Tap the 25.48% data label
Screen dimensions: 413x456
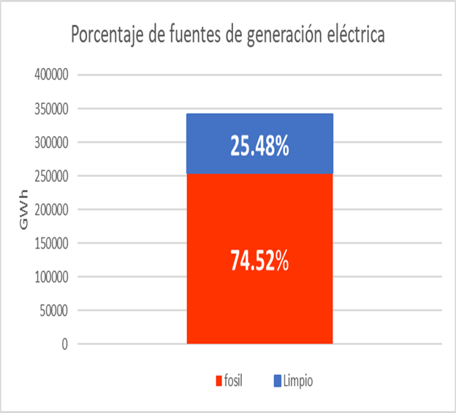(x=260, y=147)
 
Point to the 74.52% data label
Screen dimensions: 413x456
(x=260, y=261)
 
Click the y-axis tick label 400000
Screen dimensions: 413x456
(x=52, y=75)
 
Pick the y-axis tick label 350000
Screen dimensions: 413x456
(x=52, y=109)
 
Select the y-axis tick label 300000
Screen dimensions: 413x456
(x=52, y=143)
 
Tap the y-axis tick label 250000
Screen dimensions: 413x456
(x=52, y=176)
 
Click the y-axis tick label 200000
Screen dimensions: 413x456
(x=52, y=210)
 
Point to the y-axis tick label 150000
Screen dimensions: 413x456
(x=52, y=243)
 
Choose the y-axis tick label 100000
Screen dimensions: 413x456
(x=52, y=277)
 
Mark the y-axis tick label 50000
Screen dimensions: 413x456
(x=54, y=311)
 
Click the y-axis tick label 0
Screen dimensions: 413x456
(x=65, y=344)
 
